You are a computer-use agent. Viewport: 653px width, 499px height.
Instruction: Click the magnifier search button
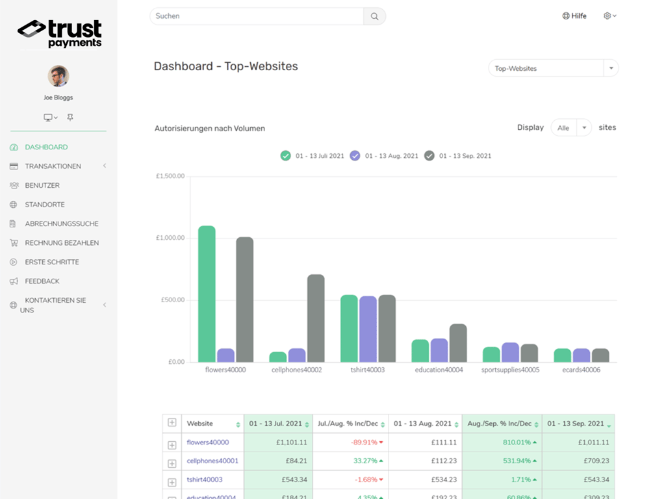tap(374, 16)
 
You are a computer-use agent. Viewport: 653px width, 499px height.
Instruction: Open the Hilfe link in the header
tap(574, 16)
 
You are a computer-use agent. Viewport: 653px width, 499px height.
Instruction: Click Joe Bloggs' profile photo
tap(58, 76)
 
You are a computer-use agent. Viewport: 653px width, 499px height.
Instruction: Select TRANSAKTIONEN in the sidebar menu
tap(53, 166)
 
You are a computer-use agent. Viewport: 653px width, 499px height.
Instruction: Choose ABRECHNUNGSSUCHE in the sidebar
tap(61, 224)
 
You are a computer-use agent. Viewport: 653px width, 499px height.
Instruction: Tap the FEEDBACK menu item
tap(42, 281)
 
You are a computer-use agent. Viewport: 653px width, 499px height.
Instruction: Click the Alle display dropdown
tap(570, 128)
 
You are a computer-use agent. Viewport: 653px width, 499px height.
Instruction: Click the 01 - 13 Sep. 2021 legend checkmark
tap(429, 156)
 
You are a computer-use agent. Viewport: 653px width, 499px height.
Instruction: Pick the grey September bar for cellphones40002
tap(316, 318)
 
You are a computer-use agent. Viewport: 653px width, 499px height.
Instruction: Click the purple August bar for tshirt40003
tap(368, 329)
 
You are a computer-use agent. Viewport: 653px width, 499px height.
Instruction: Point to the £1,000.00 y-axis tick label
tap(170, 238)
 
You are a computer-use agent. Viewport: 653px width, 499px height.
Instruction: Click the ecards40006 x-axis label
tap(582, 370)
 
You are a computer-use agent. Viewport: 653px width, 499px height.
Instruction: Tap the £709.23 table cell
tap(578, 461)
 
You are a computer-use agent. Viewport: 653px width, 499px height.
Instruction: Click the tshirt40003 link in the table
tap(204, 480)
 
